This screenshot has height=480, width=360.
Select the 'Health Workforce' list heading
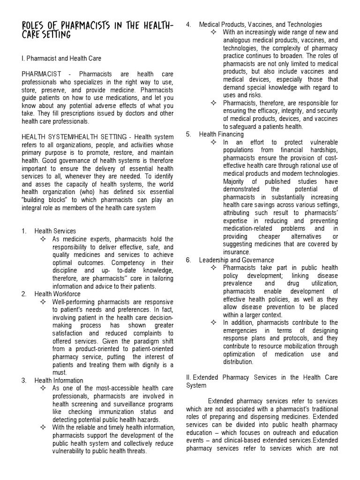tap(57, 294)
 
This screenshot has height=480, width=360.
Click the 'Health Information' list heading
tap(59, 380)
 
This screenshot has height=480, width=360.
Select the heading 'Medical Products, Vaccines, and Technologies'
tap(260, 24)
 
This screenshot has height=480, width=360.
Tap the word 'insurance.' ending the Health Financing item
tap(237, 252)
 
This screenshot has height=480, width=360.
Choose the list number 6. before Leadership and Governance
tap(188, 260)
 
